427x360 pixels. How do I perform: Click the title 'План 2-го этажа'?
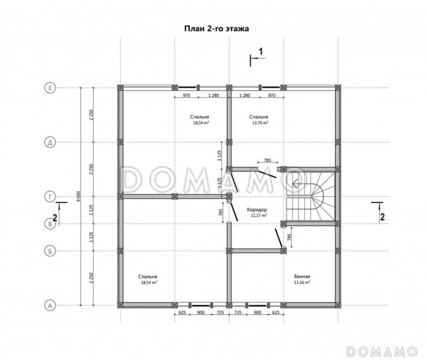[217, 29]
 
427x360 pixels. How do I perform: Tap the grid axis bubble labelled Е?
[50, 88]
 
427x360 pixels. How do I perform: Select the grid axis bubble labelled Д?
[50, 142]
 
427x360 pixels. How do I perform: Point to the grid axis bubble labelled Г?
[50, 197]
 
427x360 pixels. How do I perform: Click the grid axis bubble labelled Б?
[50, 251]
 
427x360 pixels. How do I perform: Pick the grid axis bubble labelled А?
[50, 306]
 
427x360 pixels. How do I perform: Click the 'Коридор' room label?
[257, 209]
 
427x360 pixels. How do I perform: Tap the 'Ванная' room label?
[302, 276]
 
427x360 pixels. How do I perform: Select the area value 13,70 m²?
[260, 123]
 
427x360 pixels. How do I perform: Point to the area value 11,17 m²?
[258, 215]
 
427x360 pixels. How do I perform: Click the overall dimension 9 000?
[78, 197]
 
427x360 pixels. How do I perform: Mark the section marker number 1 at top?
[260, 51]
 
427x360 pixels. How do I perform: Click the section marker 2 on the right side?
[382, 217]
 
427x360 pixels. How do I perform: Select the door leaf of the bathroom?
[279, 238]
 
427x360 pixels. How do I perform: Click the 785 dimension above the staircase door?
[268, 160]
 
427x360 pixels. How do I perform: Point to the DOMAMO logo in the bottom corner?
[382, 351]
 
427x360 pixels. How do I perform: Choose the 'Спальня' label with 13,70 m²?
[259, 117]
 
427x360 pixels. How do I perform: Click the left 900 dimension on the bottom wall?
[201, 312]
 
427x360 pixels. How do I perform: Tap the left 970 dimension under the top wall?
[186, 96]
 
